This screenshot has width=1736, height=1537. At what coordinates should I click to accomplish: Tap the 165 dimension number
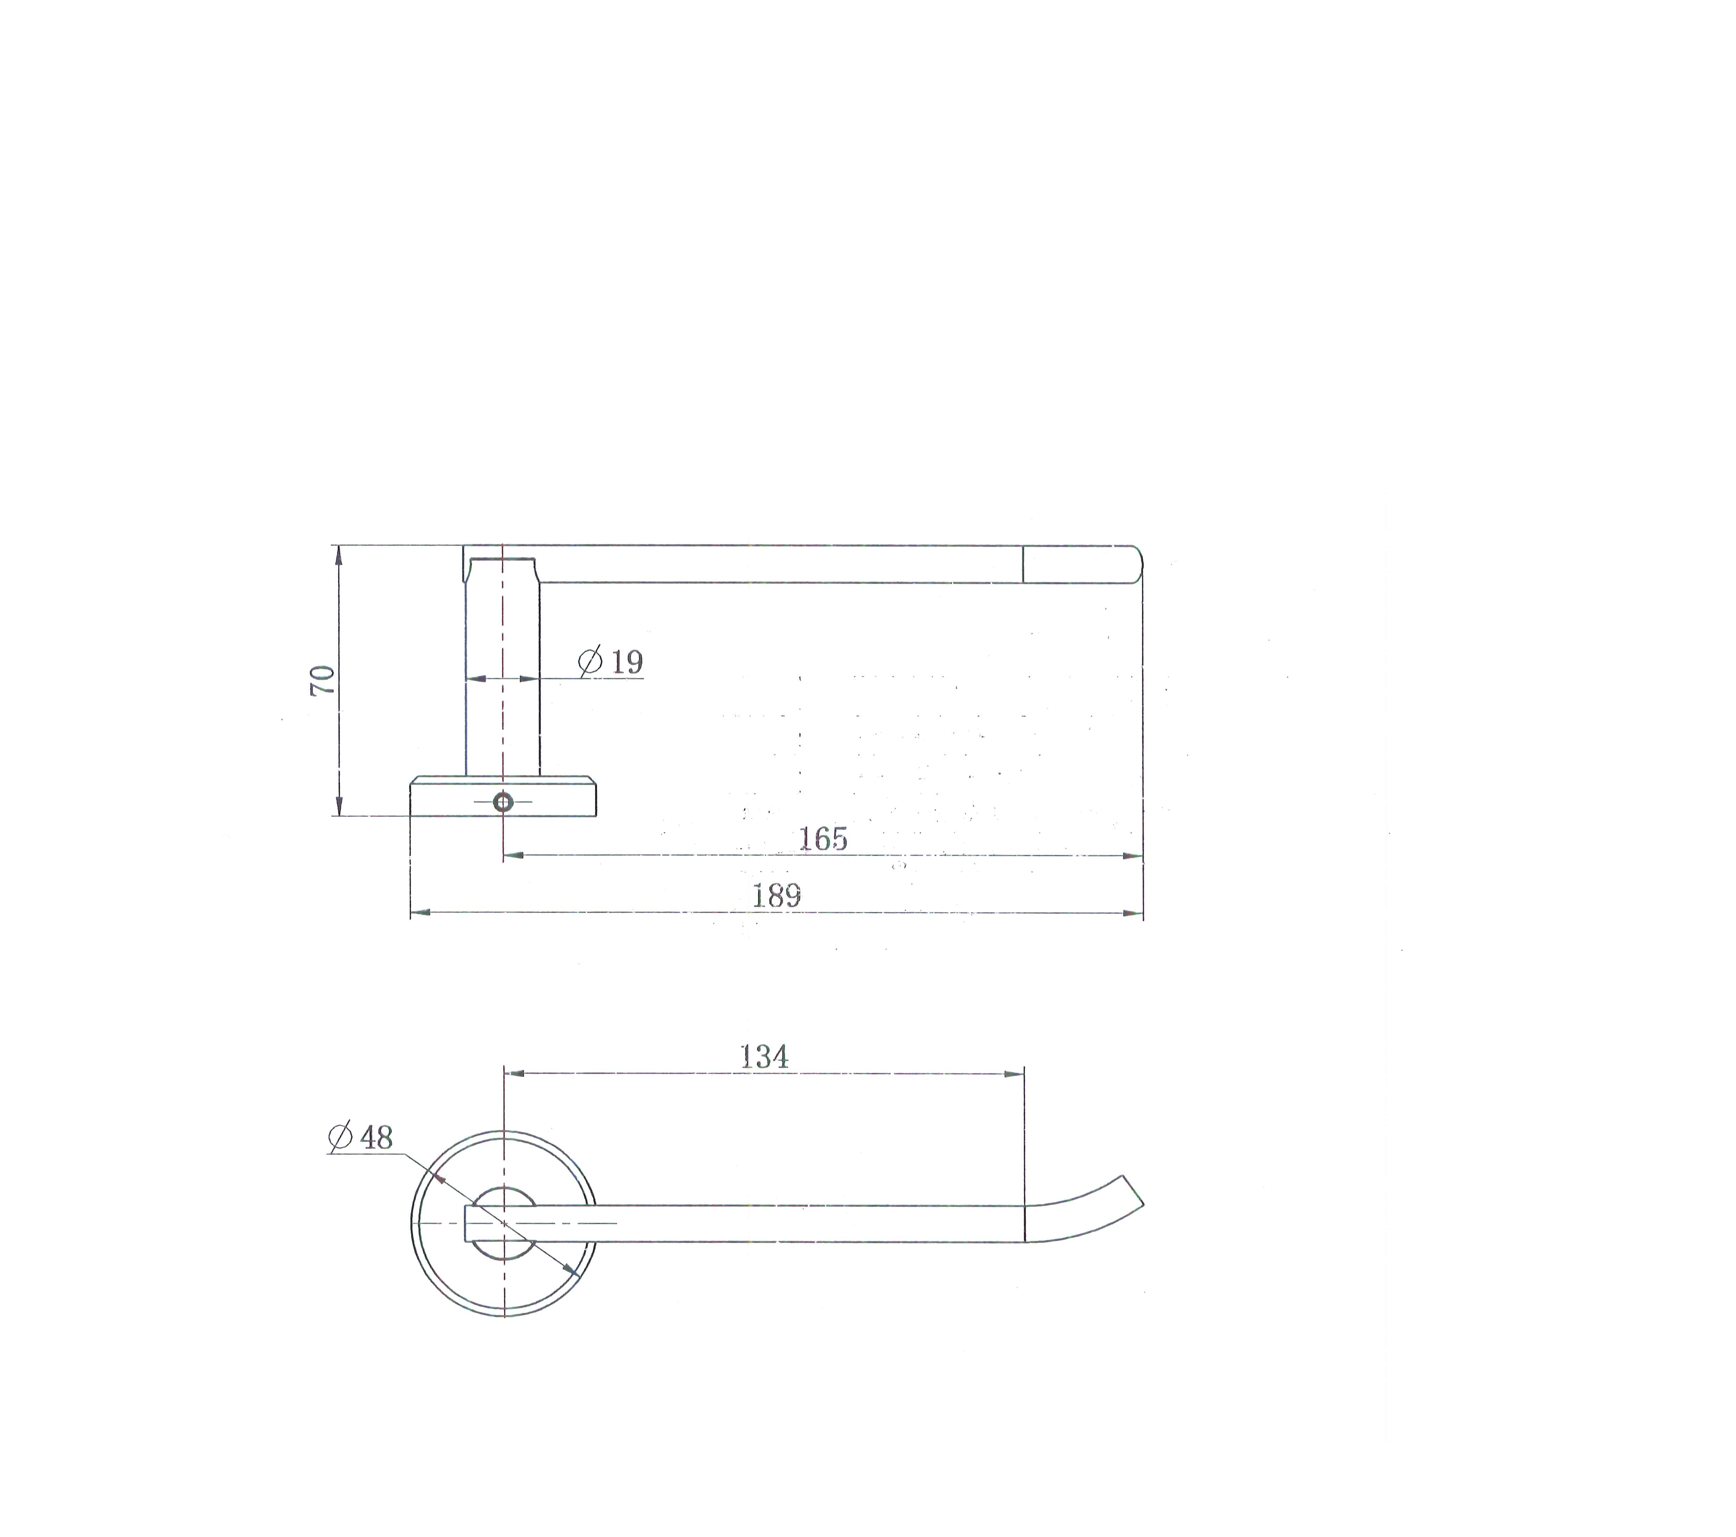[x=823, y=839]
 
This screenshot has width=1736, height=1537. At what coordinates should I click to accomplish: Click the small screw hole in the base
[x=503, y=802]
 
